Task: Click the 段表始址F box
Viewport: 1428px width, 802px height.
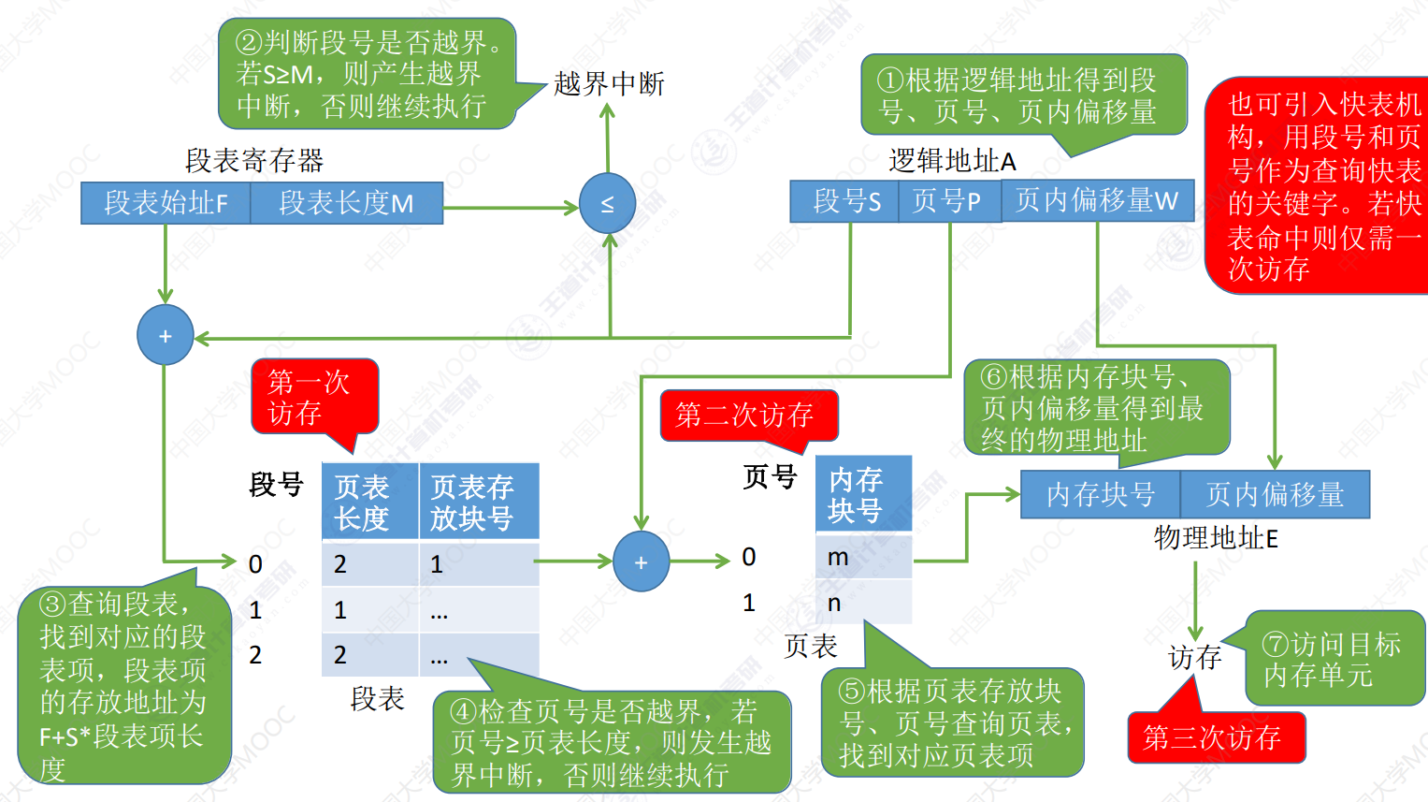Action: tap(166, 203)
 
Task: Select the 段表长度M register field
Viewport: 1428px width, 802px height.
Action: tap(347, 203)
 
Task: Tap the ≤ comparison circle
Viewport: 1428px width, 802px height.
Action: tap(608, 203)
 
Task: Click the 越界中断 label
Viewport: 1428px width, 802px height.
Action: tap(609, 83)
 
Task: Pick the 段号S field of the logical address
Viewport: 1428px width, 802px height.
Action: tap(844, 201)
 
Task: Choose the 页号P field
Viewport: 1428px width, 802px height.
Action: tap(949, 201)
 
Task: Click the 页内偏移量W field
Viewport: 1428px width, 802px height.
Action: tap(1097, 200)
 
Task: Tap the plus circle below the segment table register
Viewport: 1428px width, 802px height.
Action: tap(166, 335)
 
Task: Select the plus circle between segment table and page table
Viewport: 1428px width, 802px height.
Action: tap(642, 561)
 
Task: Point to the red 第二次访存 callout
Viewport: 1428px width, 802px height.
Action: tap(749, 415)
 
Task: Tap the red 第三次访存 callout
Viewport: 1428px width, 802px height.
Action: tap(1217, 736)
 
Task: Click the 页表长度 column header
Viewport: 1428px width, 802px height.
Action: tap(369, 502)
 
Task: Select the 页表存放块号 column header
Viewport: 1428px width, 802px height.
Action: tap(479, 502)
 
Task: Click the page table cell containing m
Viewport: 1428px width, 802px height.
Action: tap(864, 557)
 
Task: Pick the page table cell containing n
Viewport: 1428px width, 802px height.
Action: tap(864, 602)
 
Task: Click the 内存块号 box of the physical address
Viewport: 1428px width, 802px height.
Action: tap(1101, 494)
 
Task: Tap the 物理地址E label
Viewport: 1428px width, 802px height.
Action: tap(1216, 538)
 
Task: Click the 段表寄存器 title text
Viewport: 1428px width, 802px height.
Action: tap(254, 160)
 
